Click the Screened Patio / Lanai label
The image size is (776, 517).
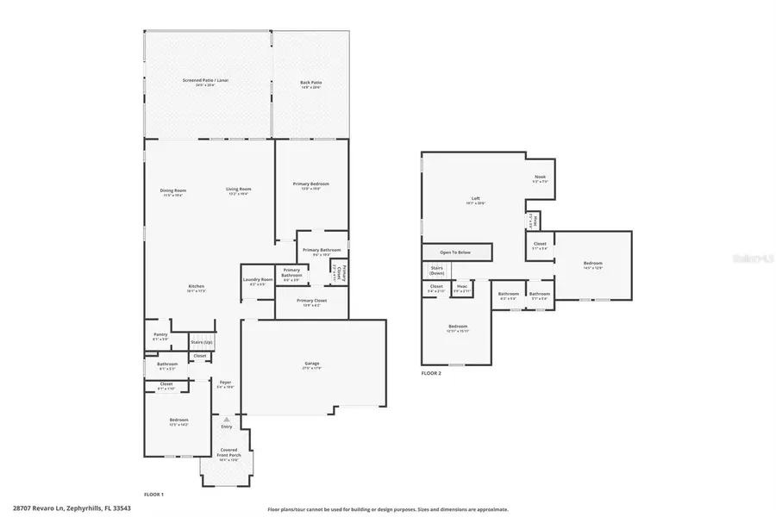point(205,80)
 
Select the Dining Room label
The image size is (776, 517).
point(174,190)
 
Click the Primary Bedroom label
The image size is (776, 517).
point(310,184)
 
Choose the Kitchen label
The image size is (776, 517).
point(197,286)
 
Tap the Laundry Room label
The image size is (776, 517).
point(258,278)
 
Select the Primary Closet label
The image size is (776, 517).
point(309,301)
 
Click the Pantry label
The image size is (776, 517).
point(160,334)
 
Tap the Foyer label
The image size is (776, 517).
point(225,382)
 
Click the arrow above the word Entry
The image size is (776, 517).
point(227,419)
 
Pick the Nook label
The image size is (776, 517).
point(540,178)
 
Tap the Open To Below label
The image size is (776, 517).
point(455,252)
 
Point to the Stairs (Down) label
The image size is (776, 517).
point(437,269)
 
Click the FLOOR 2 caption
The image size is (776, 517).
point(431,373)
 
